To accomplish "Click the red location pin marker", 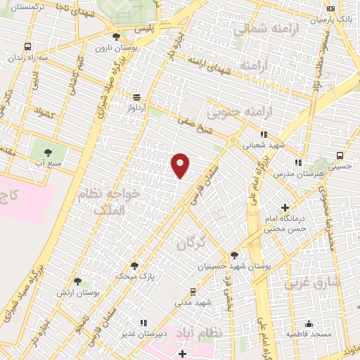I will (181, 165).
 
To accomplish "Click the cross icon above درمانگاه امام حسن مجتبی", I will (284, 207).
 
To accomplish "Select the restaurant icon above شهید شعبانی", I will (264, 134).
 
